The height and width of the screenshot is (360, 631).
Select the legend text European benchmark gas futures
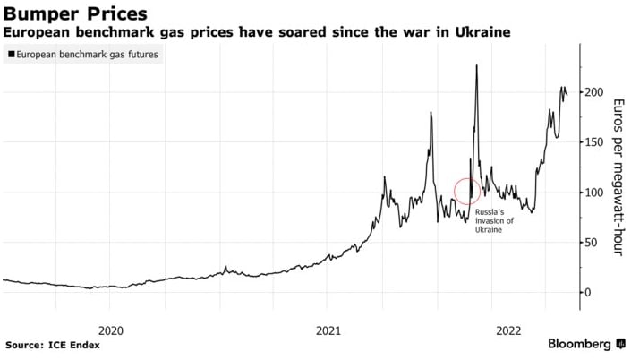click(x=86, y=55)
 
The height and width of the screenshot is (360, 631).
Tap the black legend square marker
click(x=10, y=55)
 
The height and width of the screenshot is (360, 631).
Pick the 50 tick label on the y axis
click(x=591, y=243)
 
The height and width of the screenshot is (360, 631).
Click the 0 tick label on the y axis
click(x=588, y=293)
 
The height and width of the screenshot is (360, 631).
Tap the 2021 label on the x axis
click(x=328, y=329)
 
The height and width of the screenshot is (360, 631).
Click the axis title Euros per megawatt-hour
click(x=618, y=177)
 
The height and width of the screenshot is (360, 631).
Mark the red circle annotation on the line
click(x=468, y=190)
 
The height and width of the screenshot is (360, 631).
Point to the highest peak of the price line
click(x=476, y=65)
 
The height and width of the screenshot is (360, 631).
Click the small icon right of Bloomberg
click(x=620, y=344)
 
